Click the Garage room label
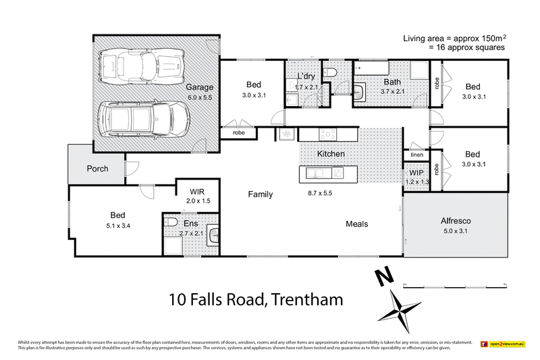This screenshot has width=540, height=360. point(200,87)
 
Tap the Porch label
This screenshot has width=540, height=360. point(99,168)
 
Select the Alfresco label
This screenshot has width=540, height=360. point(456,221)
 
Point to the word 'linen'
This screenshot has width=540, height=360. point(416,156)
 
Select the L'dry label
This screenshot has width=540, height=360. point(306,77)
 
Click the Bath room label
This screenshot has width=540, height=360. point(391,81)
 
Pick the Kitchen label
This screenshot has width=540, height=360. point(331,154)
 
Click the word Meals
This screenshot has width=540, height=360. point(356,224)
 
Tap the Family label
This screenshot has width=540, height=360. point(260,195)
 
